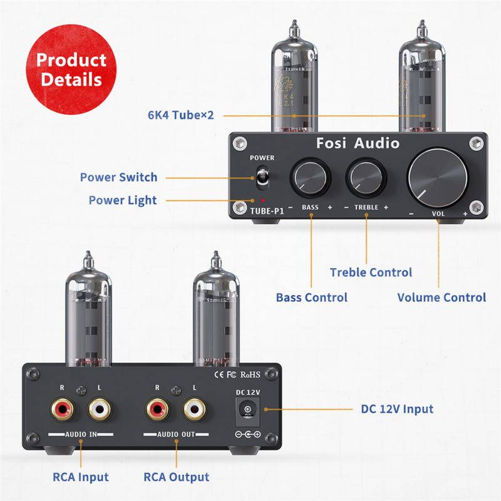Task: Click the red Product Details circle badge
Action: [71, 70]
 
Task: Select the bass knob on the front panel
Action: [309, 177]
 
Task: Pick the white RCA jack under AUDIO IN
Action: [100, 411]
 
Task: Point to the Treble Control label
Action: [371, 272]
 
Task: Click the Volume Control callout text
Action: [442, 297]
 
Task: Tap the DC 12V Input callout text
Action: [397, 409]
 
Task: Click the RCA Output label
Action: [177, 477]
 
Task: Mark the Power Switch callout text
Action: [118, 177]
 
